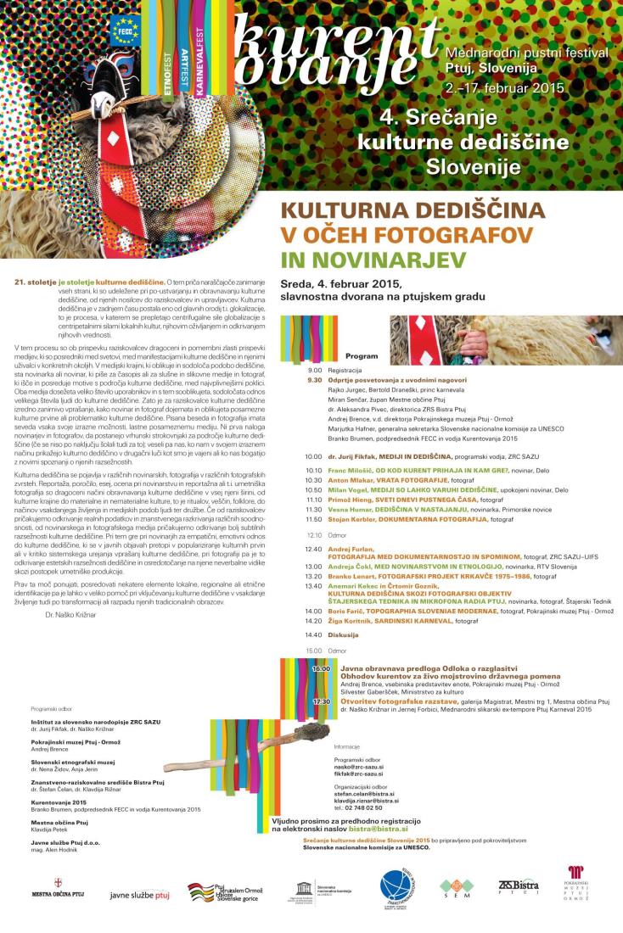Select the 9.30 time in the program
(x=315, y=380)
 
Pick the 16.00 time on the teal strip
(x=321, y=669)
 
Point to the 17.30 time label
(x=321, y=701)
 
